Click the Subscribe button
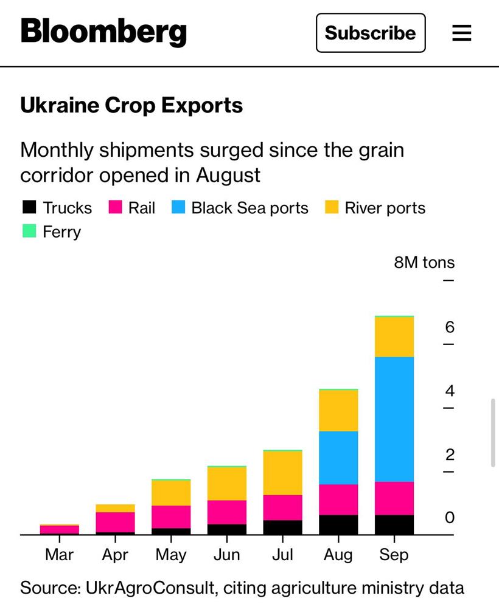coord(370,33)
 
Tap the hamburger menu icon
coord(462,33)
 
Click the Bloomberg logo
coord(103,32)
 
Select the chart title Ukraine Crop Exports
coord(131,106)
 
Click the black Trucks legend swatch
coord(29,208)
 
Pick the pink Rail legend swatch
coord(116,208)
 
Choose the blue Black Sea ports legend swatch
coord(178,208)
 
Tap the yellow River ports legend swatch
coord(331,208)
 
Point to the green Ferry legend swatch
coord(29,231)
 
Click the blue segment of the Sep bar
coord(394,419)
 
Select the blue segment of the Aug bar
coord(338,458)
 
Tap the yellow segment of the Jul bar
coord(282,473)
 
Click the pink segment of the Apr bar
coord(115,522)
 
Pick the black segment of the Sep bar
coord(394,524)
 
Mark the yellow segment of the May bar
coord(171,493)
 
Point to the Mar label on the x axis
coord(59,555)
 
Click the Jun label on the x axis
coord(226,555)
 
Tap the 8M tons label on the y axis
coord(424,262)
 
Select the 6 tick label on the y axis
coord(450,328)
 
